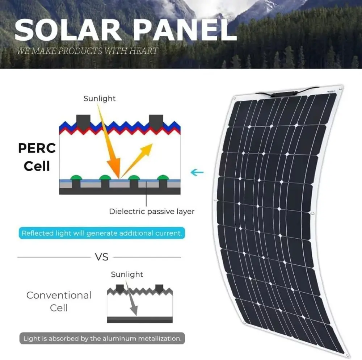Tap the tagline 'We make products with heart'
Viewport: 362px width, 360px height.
87,51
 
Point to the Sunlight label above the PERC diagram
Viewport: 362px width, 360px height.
100,99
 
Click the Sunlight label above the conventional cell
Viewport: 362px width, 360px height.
127,274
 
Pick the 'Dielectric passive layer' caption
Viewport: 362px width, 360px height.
152,212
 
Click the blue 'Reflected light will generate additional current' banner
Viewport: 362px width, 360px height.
102,233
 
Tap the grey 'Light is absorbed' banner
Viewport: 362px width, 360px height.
102,339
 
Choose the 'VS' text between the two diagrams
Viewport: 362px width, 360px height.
102,257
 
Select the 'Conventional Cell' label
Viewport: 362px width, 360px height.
59,301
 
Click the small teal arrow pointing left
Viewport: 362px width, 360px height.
197,172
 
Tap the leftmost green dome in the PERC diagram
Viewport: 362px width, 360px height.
76,177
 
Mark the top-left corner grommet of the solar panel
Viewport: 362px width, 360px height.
235,97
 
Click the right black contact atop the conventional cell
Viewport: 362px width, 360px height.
159,288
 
